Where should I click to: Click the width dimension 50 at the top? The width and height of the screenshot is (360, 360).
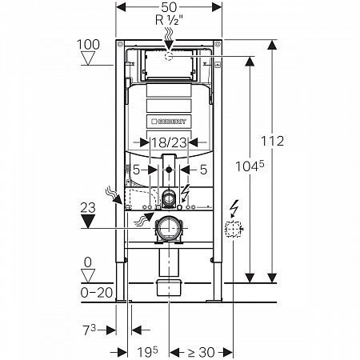[x=169, y=7]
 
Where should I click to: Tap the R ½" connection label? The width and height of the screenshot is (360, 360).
[x=169, y=20]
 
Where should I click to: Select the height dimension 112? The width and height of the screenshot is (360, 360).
[x=272, y=141]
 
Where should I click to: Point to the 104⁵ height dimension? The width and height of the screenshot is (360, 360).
[x=250, y=166]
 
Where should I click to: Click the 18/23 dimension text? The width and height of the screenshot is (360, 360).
[x=169, y=142]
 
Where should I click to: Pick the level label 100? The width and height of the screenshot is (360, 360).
[x=88, y=44]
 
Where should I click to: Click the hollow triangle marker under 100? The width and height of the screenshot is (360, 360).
[x=88, y=58]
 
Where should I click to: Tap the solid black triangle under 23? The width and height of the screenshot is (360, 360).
[x=88, y=222]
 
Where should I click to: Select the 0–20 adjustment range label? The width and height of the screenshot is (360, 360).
[x=97, y=293]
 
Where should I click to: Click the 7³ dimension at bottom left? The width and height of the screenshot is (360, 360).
[x=90, y=330]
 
